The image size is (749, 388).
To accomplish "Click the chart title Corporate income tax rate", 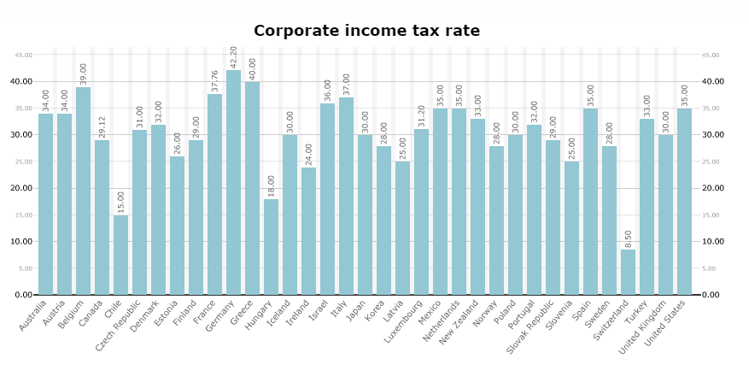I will [366, 32].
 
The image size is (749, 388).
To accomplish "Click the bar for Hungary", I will [271, 247].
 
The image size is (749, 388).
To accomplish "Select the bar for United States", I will [684, 202].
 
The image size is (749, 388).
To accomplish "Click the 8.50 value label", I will [629, 238].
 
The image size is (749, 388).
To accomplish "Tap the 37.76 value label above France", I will [215, 81].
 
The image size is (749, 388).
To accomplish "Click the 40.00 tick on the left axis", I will [21, 81].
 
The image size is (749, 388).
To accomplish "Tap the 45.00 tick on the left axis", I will [23, 55].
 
